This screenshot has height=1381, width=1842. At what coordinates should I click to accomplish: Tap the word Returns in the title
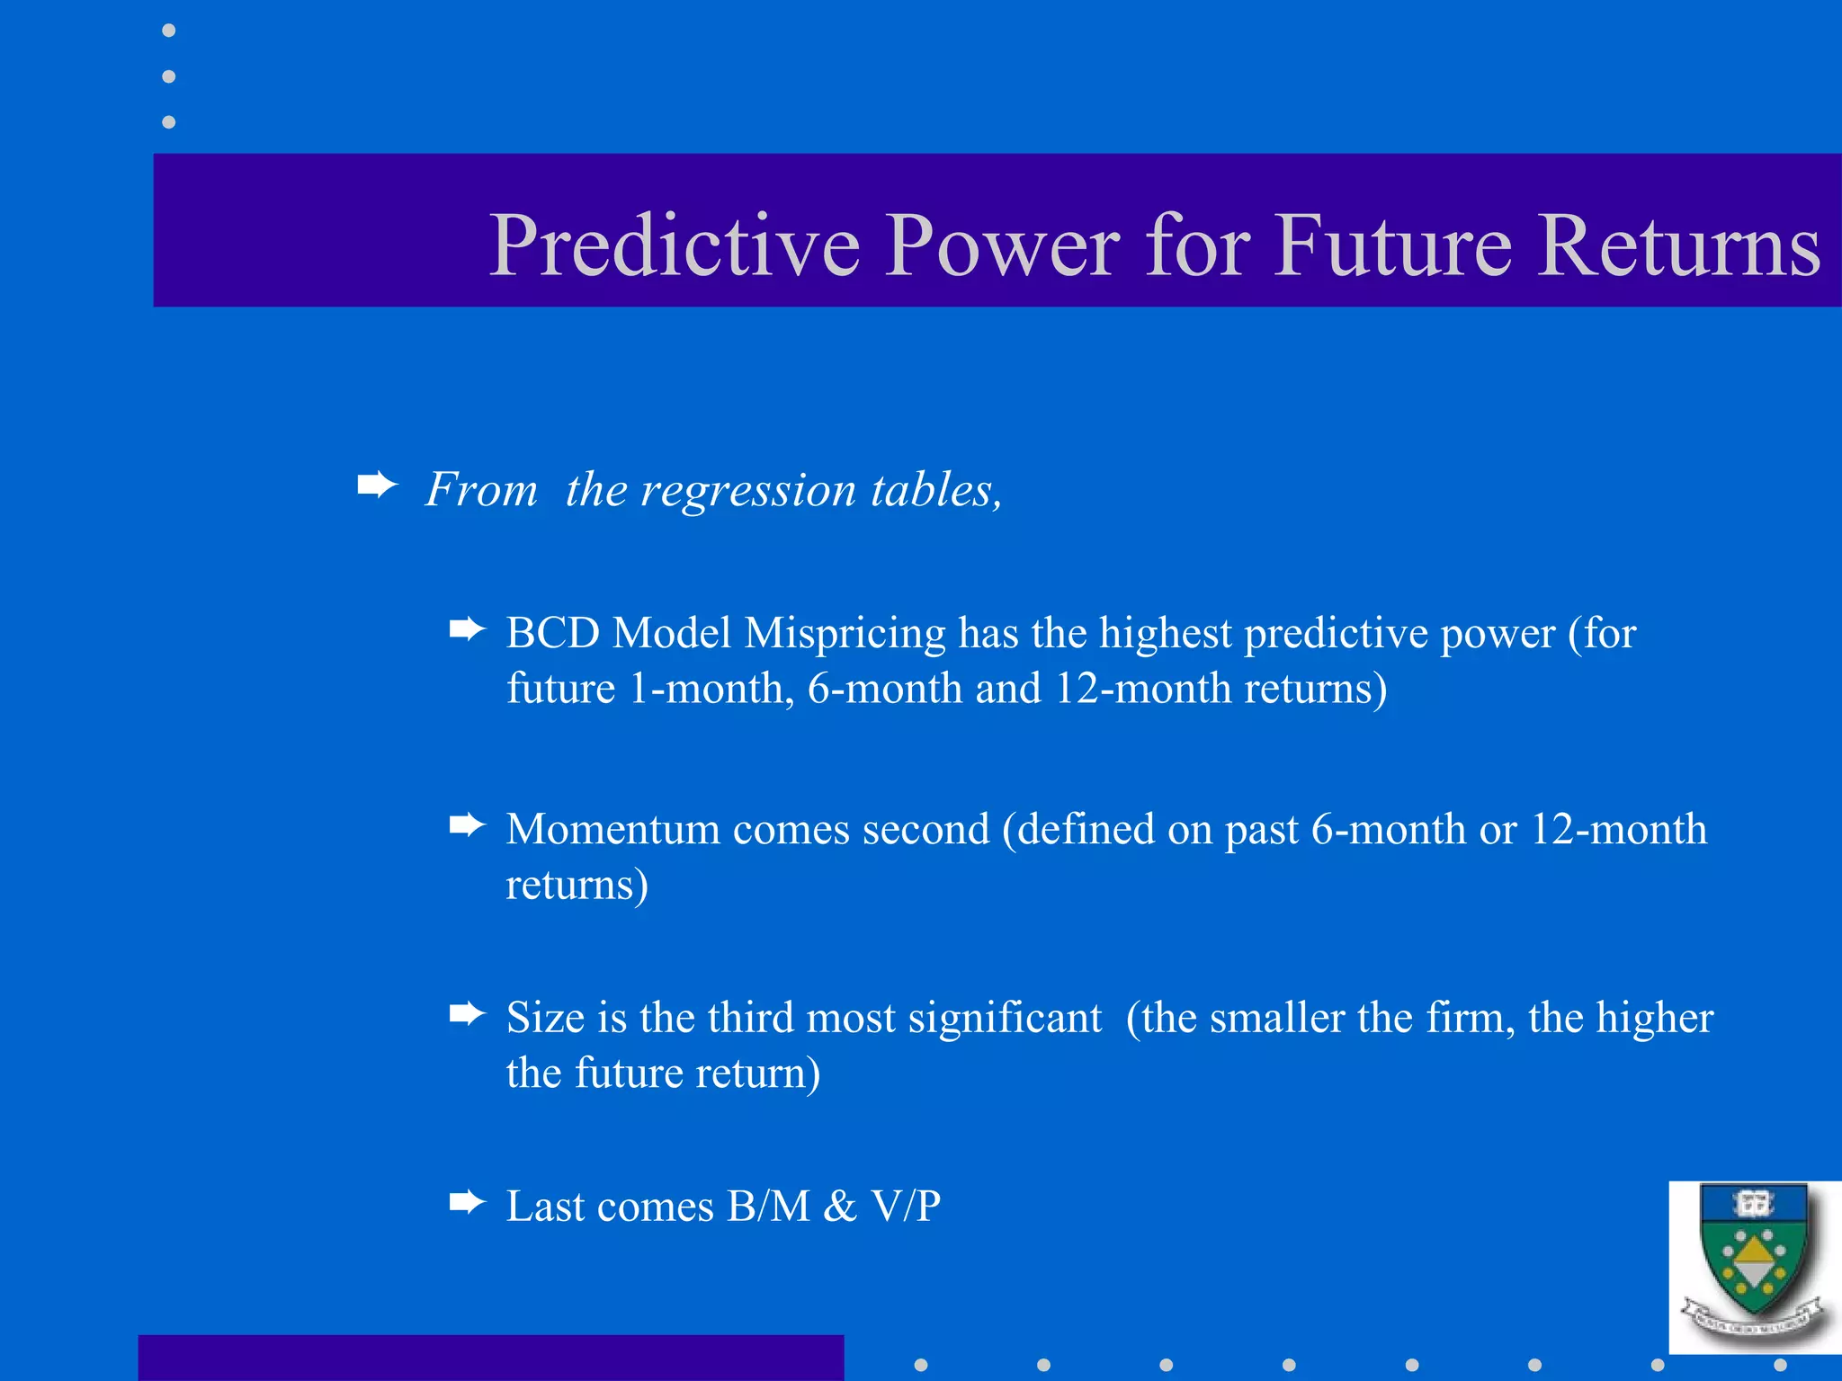click(1679, 245)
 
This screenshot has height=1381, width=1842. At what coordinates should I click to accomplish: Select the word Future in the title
click(1391, 245)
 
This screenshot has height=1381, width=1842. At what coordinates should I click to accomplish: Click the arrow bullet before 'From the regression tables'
click(377, 486)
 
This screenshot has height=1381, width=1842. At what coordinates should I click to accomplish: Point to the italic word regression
click(747, 490)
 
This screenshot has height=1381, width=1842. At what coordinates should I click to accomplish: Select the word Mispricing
click(845, 634)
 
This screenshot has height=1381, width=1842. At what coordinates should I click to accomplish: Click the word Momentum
click(613, 829)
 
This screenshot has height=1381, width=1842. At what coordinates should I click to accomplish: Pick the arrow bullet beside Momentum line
click(467, 824)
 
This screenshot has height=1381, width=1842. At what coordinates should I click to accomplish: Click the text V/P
click(906, 1206)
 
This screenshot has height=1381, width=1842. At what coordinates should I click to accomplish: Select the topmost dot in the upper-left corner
click(168, 31)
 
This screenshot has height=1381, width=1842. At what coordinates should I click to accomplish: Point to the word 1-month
click(711, 689)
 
